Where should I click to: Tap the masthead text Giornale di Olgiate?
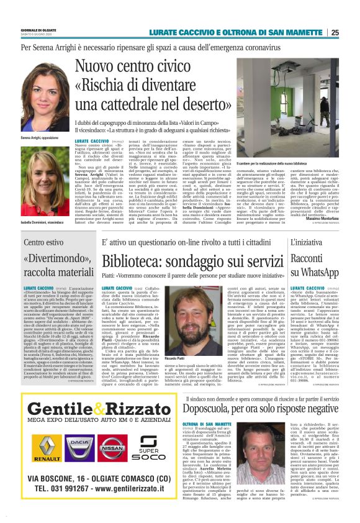tap(39, 30)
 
